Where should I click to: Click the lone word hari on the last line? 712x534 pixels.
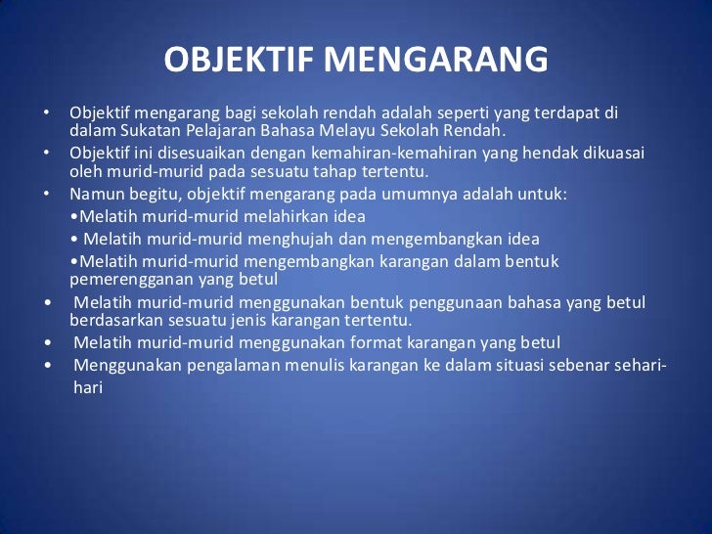click(x=88, y=386)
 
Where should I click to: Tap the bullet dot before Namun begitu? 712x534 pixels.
click(x=46, y=194)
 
